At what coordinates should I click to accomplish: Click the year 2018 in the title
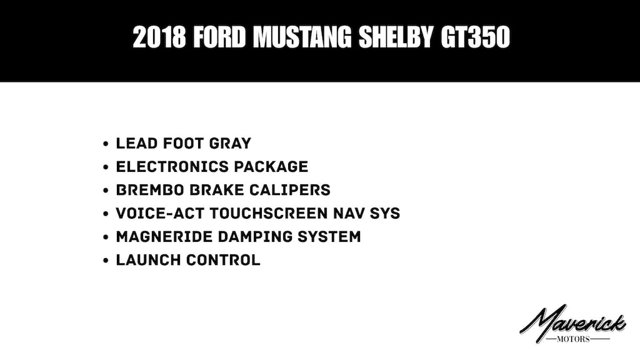pos(159,37)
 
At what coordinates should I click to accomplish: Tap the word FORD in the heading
pos(219,37)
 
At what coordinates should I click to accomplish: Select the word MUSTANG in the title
pos(302,37)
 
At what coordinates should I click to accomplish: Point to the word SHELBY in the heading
pos(396,37)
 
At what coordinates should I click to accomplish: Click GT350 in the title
pos(476,37)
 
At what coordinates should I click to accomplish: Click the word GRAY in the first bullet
pos(230,143)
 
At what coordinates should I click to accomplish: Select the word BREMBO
pos(150,190)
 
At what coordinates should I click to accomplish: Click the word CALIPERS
pos(290,190)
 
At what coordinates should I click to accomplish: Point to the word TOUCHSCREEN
pos(269,213)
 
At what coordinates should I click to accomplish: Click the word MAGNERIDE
pos(164,237)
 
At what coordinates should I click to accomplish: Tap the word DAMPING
pos(255,237)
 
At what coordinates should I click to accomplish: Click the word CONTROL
pos(223,260)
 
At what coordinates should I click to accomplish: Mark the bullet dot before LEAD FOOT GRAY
pos(106,144)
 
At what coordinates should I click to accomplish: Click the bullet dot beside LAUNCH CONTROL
pos(106,261)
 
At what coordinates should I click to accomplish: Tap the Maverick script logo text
pos(572,322)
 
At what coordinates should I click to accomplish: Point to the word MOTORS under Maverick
pos(573,339)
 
